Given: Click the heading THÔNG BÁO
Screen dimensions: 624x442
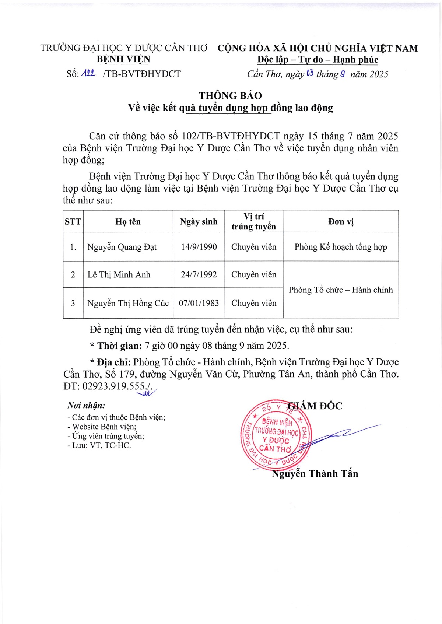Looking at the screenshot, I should tap(230, 96).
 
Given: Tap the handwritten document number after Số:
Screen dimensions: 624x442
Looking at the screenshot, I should tap(88, 73).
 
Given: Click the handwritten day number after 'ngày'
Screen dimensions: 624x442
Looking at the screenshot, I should tap(309, 73).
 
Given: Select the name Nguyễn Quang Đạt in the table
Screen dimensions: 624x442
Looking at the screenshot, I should tap(122, 247).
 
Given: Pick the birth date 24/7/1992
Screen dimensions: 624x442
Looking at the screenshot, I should tap(199, 275).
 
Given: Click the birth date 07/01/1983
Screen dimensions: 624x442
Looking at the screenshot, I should tap(199, 303).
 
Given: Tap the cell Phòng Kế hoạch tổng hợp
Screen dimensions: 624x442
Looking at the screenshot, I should tap(341, 247).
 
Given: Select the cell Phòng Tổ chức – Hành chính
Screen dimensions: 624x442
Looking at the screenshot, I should tap(341, 290).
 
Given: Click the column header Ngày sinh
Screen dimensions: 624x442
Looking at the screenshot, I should tap(199, 222).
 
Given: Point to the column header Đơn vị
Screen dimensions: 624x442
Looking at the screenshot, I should tap(341, 222).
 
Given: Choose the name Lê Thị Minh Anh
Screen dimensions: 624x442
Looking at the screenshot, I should tap(119, 275).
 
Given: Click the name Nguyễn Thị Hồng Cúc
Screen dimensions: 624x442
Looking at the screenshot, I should tap(128, 303).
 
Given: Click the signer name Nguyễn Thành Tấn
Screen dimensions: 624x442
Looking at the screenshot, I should tap(315, 474).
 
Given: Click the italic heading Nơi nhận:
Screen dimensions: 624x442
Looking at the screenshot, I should tap(86, 406).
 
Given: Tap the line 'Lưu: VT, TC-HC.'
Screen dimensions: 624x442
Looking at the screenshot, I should tap(99, 445).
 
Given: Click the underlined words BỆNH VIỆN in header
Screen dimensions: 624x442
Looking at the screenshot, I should tap(123, 59).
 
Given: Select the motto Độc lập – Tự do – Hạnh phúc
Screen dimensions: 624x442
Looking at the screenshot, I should tap(318, 60).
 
